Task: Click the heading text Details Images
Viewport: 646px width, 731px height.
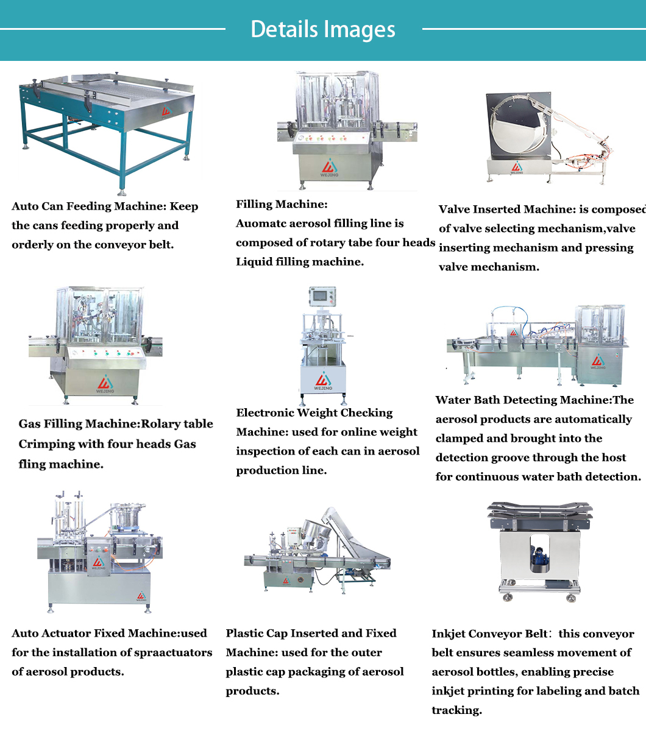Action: [323, 29]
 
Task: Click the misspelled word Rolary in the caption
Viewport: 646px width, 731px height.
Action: [161, 424]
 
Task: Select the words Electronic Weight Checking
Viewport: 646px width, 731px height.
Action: [314, 413]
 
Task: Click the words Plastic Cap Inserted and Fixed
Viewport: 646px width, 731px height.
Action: [311, 634]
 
